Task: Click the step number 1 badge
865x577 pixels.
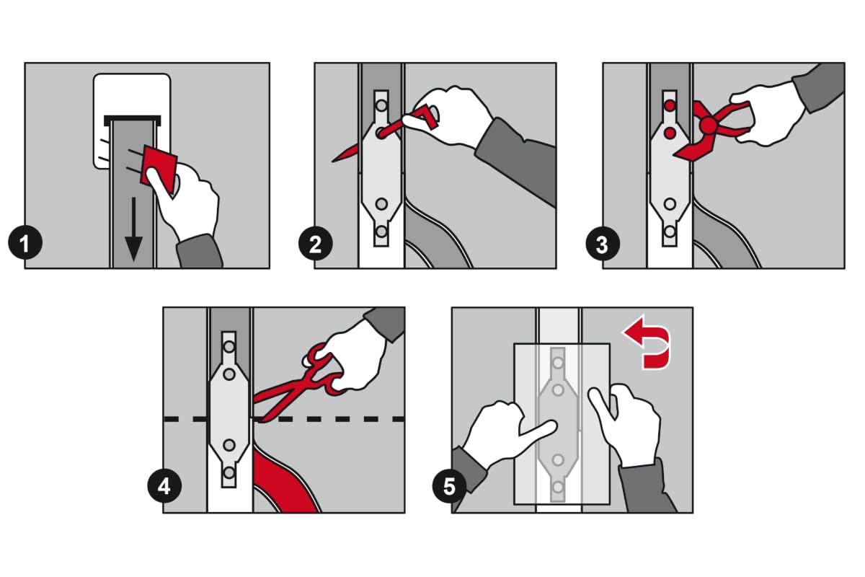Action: pos(25,244)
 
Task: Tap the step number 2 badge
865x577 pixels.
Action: pos(316,245)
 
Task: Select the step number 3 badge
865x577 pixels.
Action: pos(603,245)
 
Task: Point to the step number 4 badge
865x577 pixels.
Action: pos(164,486)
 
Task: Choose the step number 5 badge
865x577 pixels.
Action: pos(449,486)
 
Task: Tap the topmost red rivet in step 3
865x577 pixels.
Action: pos(670,105)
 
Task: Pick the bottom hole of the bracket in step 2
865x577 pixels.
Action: pos(381,232)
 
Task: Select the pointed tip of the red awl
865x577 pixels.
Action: pos(333,161)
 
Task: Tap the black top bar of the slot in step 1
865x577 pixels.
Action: pos(132,119)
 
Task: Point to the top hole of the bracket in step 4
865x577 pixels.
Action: pos(229,346)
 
